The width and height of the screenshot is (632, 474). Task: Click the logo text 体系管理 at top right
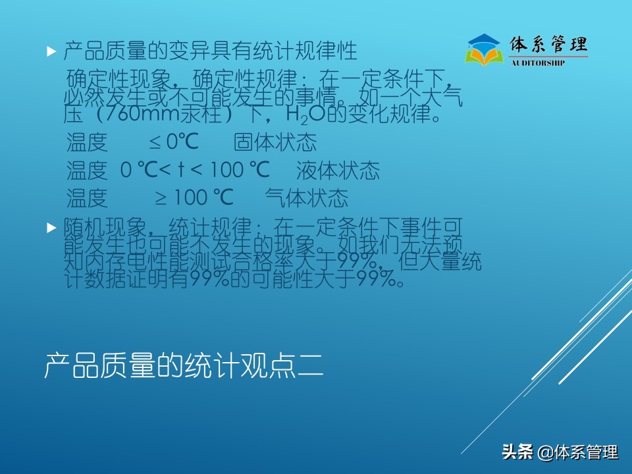pyautogui.click(x=548, y=45)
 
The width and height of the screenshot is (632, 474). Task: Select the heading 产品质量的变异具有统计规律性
pyautogui.click(x=210, y=50)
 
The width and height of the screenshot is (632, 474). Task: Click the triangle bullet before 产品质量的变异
pyautogui.click(x=51, y=51)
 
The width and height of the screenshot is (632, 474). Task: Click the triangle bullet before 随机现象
pyautogui.click(x=51, y=228)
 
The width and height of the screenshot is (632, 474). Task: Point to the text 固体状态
pyautogui.click(x=275, y=142)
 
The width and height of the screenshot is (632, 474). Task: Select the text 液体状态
pyautogui.click(x=338, y=171)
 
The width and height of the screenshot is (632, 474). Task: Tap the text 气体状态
pyautogui.click(x=306, y=197)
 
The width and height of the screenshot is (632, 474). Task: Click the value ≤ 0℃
pyautogui.click(x=173, y=142)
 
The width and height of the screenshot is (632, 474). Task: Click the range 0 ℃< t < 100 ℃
pyautogui.click(x=195, y=171)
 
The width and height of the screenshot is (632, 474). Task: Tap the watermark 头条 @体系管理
pyautogui.click(x=560, y=452)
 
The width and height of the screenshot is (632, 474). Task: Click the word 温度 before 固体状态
pyautogui.click(x=87, y=142)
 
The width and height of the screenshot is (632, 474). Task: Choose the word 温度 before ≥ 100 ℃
pyautogui.click(x=87, y=197)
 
